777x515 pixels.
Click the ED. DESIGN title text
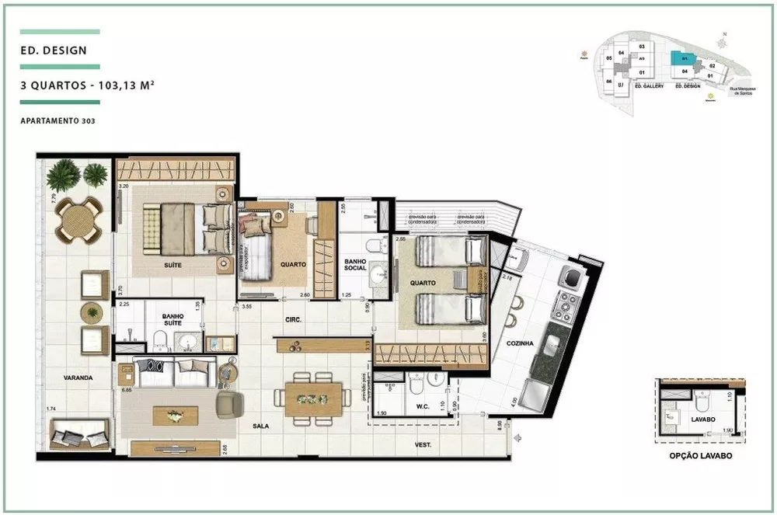point(54,52)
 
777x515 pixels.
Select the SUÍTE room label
point(172,265)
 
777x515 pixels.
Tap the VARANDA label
point(78,378)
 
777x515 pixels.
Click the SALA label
point(260,426)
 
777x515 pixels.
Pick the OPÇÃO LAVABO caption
point(701,457)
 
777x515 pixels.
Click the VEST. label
point(422,445)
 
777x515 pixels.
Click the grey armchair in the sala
point(229,403)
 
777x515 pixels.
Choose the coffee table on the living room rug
point(175,416)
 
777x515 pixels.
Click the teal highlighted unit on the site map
point(684,58)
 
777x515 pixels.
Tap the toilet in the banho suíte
point(160,339)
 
